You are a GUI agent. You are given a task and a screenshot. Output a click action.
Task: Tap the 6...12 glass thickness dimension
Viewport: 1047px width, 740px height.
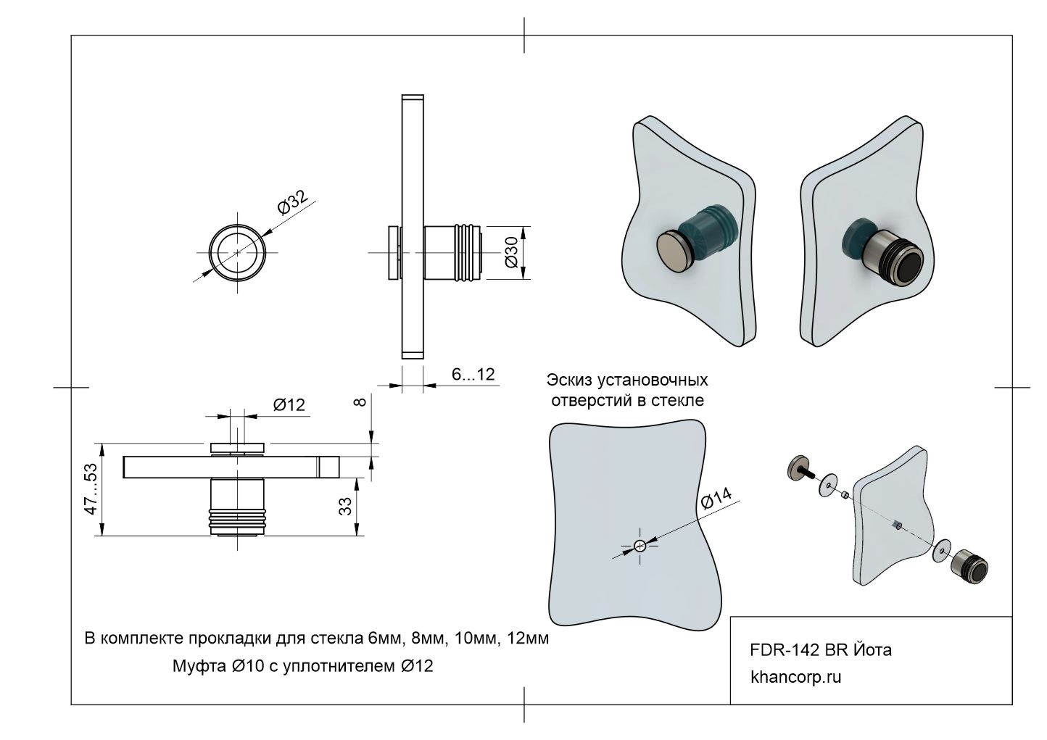[x=473, y=374]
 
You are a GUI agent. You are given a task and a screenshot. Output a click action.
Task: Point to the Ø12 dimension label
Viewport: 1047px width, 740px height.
[x=289, y=405]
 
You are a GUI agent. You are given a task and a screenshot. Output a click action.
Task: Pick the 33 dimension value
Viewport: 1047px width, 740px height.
[x=347, y=504]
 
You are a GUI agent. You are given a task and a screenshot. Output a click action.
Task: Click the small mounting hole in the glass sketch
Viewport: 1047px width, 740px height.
[x=640, y=546]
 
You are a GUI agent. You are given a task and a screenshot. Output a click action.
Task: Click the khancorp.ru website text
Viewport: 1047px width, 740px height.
[x=795, y=678]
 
